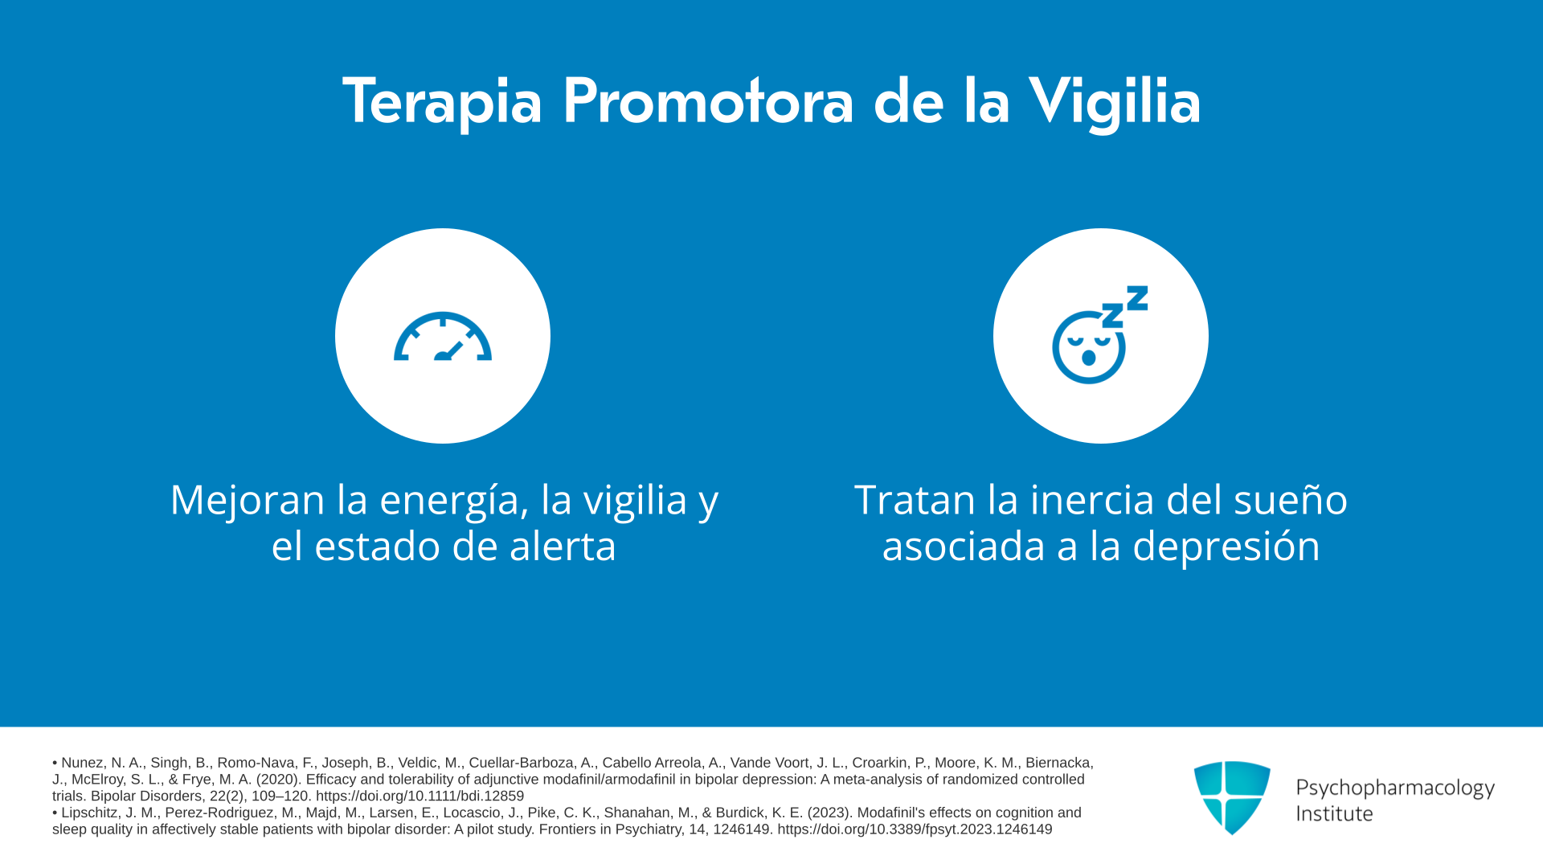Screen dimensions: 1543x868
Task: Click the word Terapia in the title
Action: tap(443, 101)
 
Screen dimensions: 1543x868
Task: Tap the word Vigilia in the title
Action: tap(1115, 102)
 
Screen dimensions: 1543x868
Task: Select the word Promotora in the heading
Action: tap(707, 101)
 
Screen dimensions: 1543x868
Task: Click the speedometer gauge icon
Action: tap(443, 337)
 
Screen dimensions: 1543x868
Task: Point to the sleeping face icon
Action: tap(1089, 346)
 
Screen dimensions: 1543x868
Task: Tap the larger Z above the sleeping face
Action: tap(1137, 298)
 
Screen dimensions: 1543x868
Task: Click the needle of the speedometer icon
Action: tap(450, 351)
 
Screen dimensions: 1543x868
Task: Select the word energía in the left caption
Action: tap(454, 500)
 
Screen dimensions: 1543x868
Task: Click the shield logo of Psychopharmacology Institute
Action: tap(1232, 797)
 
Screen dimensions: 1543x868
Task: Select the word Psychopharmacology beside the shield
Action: tap(1395, 788)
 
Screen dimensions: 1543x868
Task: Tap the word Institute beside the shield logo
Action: tap(1335, 813)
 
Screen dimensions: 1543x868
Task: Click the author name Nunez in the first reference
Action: tap(83, 763)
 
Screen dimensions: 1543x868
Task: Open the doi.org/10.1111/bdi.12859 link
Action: tap(420, 796)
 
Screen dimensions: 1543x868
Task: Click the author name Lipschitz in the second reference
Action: tap(92, 813)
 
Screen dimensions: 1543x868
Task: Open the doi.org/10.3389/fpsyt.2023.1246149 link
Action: tap(915, 829)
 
